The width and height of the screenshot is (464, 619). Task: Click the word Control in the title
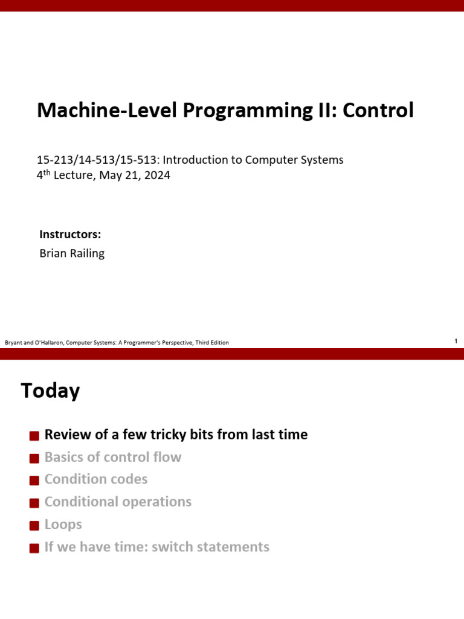click(x=378, y=110)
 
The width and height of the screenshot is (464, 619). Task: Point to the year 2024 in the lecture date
click(x=157, y=175)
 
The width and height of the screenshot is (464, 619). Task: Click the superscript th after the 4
click(x=47, y=172)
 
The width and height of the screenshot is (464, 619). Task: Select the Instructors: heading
click(x=70, y=235)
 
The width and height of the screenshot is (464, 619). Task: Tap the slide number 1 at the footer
click(x=456, y=341)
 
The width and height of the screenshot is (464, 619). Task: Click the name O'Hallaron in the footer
click(x=50, y=343)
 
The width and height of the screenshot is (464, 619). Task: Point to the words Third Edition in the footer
click(x=212, y=343)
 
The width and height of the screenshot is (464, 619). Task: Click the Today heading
click(x=51, y=391)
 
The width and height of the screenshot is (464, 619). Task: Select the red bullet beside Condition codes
click(x=34, y=481)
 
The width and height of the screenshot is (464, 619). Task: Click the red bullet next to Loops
click(x=34, y=526)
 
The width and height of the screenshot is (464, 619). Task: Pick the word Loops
click(x=63, y=525)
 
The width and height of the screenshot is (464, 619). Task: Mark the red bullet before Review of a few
click(x=34, y=436)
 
